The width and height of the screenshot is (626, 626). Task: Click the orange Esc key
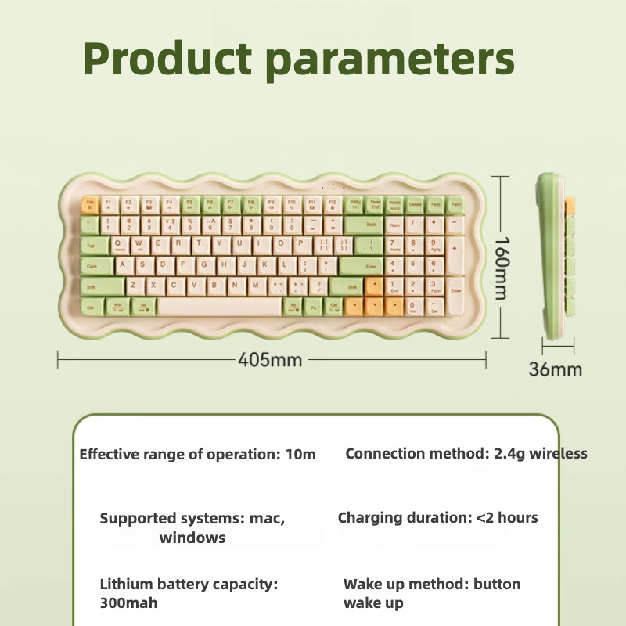click(x=89, y=205)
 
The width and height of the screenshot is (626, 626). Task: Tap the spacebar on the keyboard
click(x=220, y=307)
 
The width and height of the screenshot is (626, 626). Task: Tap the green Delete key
click(x=415, y=206)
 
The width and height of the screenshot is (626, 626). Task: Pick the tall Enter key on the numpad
click(x=455, y=296)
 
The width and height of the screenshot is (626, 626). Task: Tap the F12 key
click(x=333, y=205)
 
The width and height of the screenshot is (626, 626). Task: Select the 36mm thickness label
click(x=556, y=369)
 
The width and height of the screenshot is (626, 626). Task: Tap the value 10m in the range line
click(x=301, y=455)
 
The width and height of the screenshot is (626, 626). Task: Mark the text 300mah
click(x=129, y=603)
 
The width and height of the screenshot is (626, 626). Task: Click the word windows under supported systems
click(x=192, y=538)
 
